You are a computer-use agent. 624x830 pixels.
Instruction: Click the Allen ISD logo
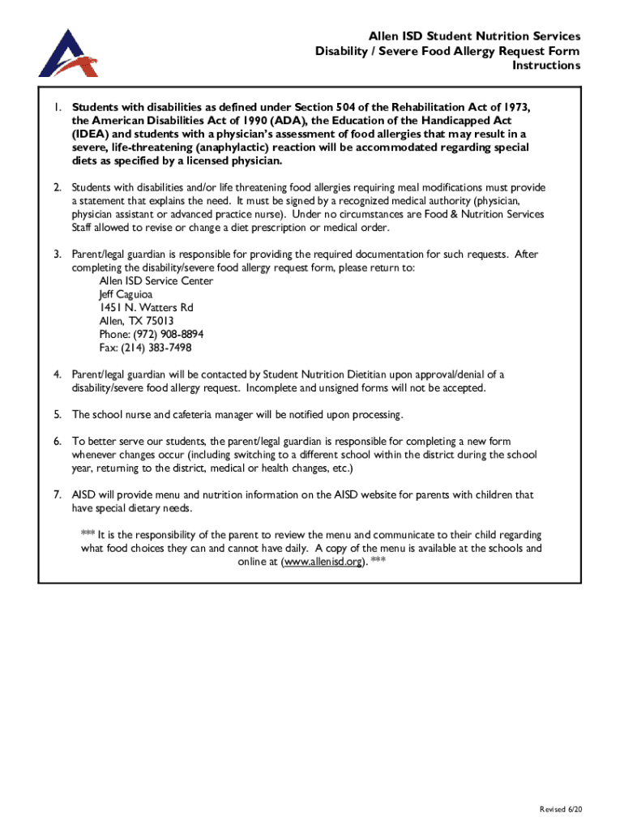pyautogui.click(x=68, y=53)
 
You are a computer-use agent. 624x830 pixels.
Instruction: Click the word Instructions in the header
pyautogui.click(x=545, y=66)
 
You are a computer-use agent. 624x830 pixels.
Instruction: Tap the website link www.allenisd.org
pyautogui.click(x=320, y=562)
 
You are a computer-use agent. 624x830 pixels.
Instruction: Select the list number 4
pyautogui.click(x=58, y=374)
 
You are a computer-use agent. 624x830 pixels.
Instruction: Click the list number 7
pyautogui.click(x=58, y=494)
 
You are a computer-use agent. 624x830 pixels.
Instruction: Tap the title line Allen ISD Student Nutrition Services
pyautogui.click(x=474, y=36)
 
